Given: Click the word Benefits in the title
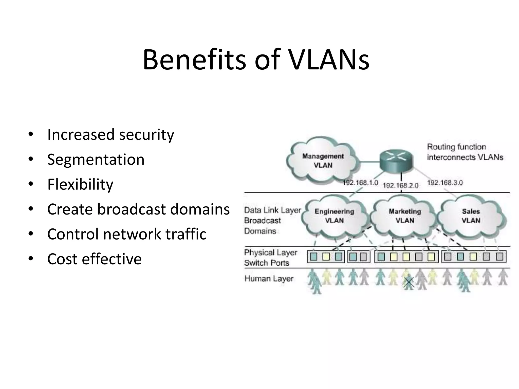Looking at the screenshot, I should (194, 60).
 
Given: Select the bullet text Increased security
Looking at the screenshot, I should (110, 134).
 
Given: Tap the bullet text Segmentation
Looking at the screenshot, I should (96, 160).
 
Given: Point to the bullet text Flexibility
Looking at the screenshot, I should (80, 184).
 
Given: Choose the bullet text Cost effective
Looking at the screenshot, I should (94, 259).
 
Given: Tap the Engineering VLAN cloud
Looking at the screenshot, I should (334, 216).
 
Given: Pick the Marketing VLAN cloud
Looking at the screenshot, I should (405, 216).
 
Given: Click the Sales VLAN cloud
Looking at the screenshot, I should (471, 216).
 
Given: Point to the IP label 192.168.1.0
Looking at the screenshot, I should (360, 183).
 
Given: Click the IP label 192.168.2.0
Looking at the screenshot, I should (400, 186).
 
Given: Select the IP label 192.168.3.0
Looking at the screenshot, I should (445, 183).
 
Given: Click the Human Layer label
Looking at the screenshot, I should (269, 279).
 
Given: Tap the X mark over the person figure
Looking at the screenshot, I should (409, 282).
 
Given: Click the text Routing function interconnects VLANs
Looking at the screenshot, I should (465, 152).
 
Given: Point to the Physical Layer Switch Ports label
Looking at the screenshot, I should (270, 258).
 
